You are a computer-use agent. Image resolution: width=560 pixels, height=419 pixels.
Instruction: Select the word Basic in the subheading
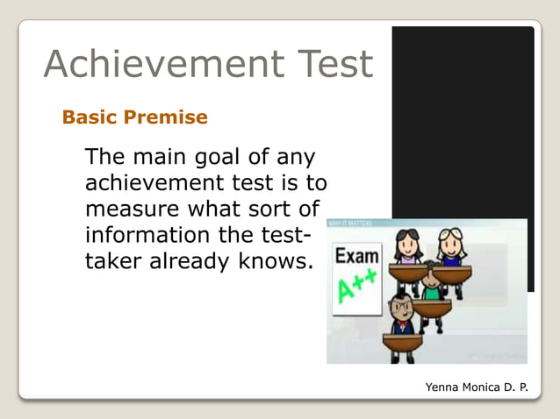click(x=90, y=117)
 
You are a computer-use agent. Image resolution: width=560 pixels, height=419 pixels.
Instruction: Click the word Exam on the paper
click(x=358, y=258)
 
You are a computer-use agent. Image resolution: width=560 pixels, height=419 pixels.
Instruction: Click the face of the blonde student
click(x=451, y=241)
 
